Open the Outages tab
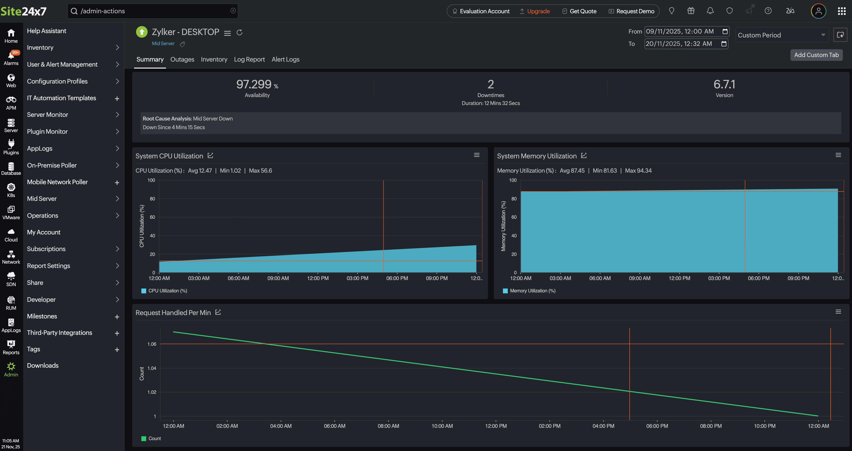click(x=182, y=59)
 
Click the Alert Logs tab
click(x=285, y=59)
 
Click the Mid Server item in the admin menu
click(x=42, y=199)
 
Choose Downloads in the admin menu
click(x=43, y=366)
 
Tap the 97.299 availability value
click(x=254, y=85)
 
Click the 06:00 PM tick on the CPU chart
click(x=397, y=278)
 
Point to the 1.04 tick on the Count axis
click(x=152, y=368)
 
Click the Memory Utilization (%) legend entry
click(x=532, y=291)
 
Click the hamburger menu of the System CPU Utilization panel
click(x=477, y=155)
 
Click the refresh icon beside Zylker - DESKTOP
click(x=240, y=32)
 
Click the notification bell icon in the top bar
click(x=710, y=11)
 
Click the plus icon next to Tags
click(x=117, y=350)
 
